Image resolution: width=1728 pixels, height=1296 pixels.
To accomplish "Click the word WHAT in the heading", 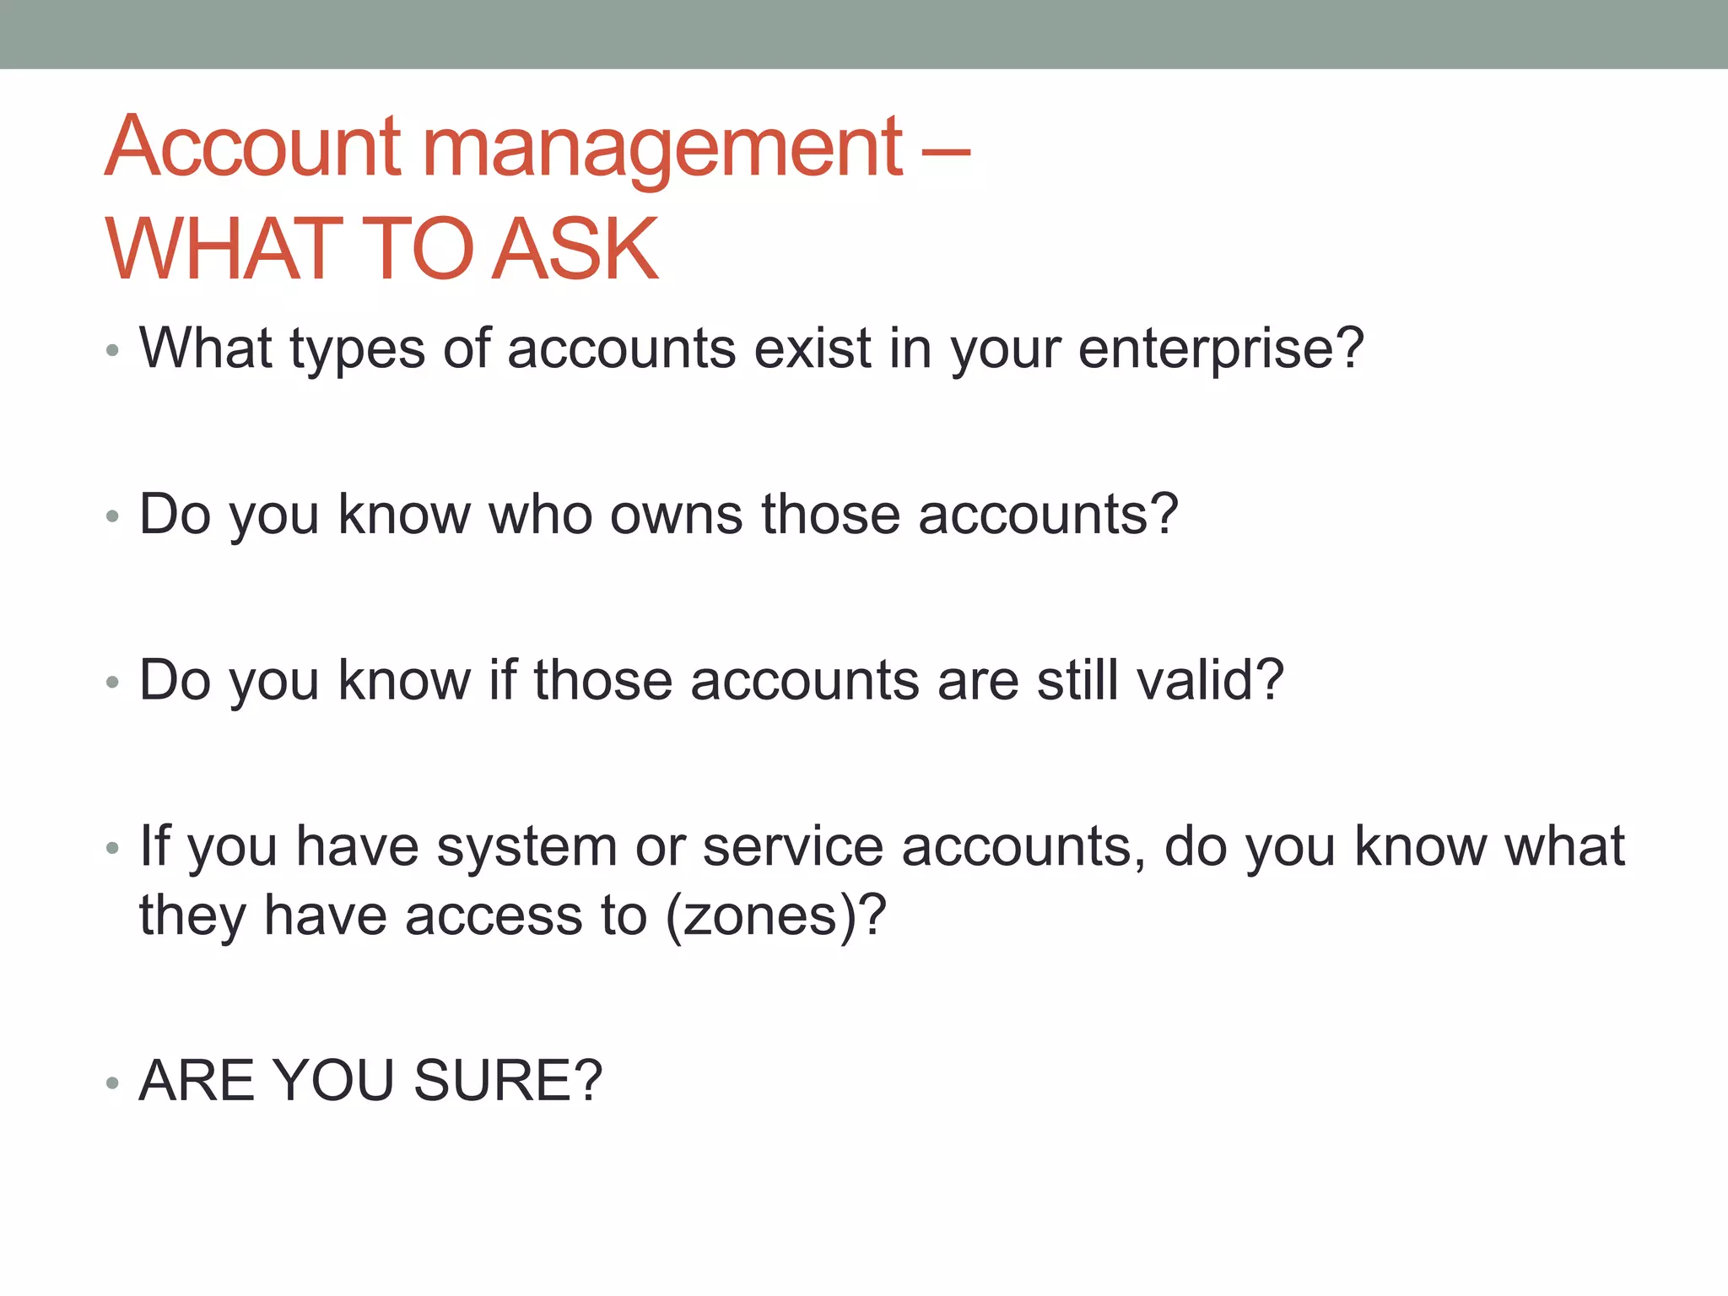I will [x=224, y=250].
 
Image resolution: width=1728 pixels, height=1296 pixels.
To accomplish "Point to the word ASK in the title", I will [x=575, y=250].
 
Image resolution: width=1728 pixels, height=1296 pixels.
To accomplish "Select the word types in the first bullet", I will [x=358, y=349].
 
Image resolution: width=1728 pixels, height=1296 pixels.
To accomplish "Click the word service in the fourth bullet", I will [x=792, y=846].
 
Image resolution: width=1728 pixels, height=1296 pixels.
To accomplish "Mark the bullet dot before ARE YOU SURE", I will [x=112, y=1083].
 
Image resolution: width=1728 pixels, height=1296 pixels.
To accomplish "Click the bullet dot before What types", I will [x=112, y=350].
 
